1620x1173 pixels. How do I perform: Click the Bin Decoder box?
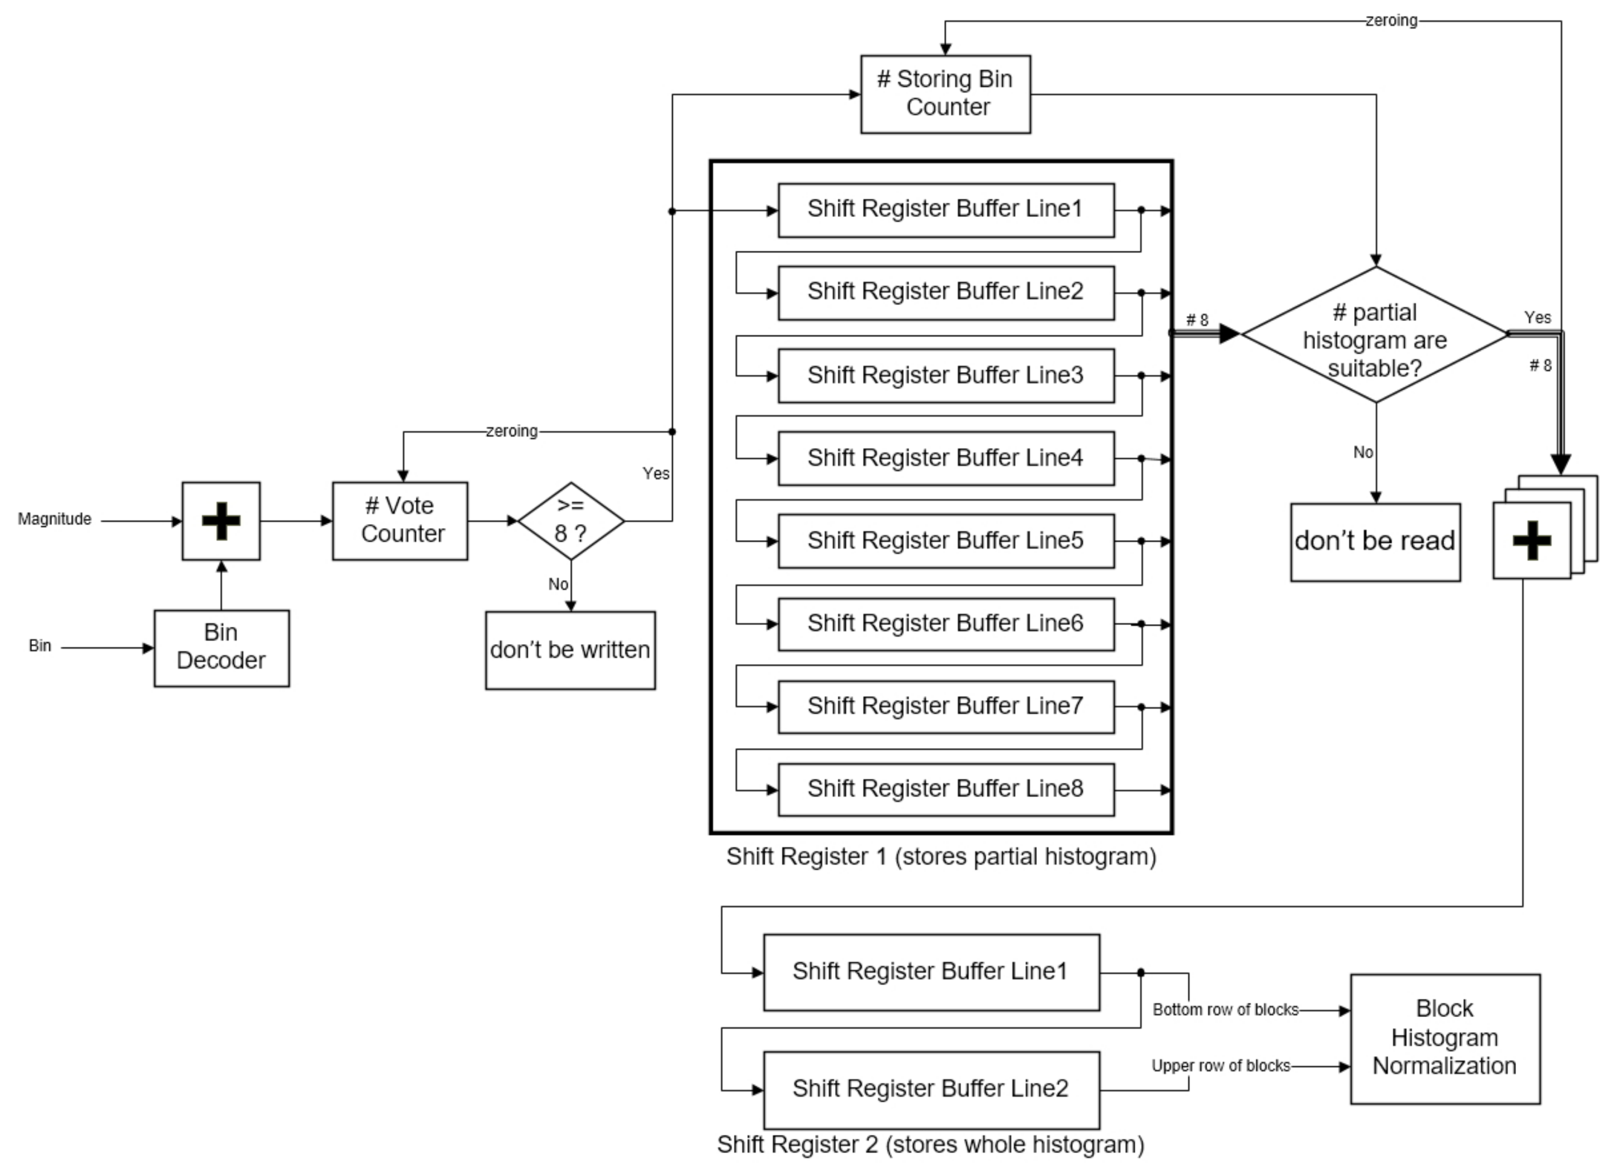[x=222, y=648]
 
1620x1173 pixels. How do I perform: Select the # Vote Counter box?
[x=400, y=520]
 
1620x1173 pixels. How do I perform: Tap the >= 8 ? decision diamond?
[x=571, y=520]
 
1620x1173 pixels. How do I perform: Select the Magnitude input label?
[x=55, y=519]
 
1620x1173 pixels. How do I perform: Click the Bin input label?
[x=40, y=645]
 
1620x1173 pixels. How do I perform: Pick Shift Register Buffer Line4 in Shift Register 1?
[x=945, y=458]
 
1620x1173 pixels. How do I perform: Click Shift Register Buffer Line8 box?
[x=945, y=789]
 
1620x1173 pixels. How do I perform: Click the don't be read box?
[x=1375, y=542]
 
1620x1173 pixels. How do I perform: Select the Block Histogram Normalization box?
[x=1444, y=1037]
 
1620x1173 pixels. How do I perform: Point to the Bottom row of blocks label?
[x=1225, y=1009]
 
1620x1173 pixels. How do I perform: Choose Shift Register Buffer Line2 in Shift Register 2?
[x=931, y=1089]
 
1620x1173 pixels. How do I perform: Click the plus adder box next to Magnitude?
[x=221, y=520]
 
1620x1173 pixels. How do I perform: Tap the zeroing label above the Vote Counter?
[x=512, y=431]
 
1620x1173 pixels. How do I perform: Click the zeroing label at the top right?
[x=1391, y=20]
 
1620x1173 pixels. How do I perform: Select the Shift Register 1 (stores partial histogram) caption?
[x=941, y=856]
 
